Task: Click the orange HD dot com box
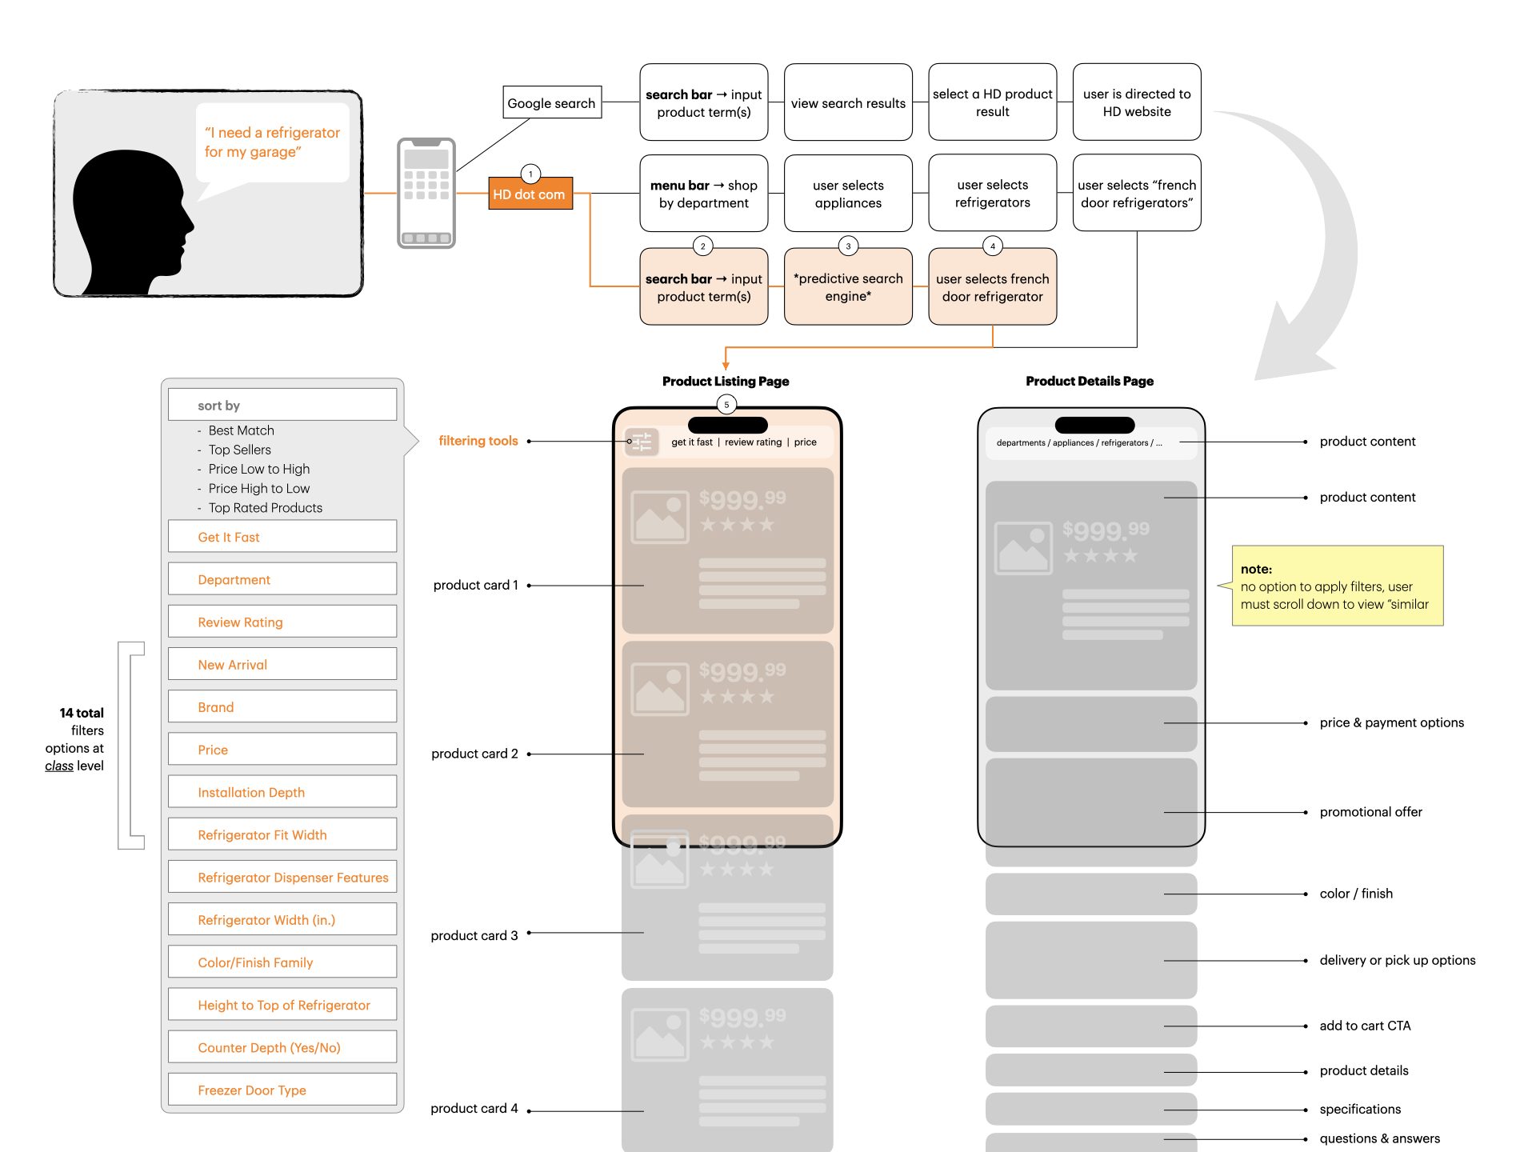[530, 194]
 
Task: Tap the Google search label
[551, 103]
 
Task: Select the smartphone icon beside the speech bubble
[426, 193]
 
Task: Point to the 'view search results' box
[848, 103]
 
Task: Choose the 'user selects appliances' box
[848, 194]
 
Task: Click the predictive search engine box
[848, 287]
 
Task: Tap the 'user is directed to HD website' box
[1136, 103]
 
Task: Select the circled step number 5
[726, 405]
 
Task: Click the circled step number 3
[848, 246]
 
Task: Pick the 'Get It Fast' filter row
[282, 537]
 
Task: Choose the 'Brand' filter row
[282, 707]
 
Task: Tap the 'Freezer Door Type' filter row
[282, 1090]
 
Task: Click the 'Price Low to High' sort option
[258, 469]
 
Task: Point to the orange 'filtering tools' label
[478, 441]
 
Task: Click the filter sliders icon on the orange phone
[642, 442]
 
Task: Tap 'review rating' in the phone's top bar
[753, 442]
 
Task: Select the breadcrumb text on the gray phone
[1078, 443]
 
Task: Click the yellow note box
[1337, 586]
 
